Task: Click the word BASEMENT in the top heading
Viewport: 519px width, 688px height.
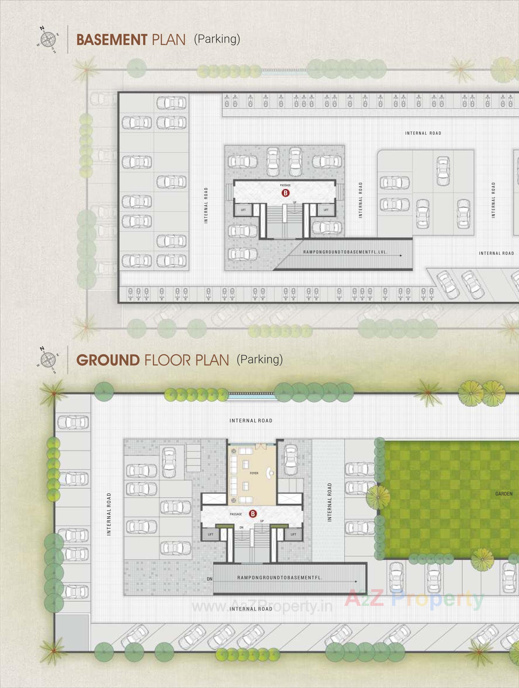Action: tap(112, 40)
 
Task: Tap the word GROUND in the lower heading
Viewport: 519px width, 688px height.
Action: tap(108, 360)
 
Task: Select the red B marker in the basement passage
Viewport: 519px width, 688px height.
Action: tap(285, 193)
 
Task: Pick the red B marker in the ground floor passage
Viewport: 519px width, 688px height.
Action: tap(253, 513)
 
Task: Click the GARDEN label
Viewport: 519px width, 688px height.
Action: tap(504, 493)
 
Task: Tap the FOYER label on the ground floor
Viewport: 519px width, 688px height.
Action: tap(254, 473)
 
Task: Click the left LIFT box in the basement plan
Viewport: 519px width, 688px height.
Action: tap(243, 210)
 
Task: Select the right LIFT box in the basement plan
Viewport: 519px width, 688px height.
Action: tap(326, 210)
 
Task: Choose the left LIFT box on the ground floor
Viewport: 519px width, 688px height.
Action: tap(211, 534)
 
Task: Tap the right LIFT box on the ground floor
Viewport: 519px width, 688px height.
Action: tap(293, 534)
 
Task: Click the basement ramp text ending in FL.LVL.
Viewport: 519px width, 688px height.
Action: tap(345, 252)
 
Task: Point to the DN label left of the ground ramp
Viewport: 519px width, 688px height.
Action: tap(210, 579)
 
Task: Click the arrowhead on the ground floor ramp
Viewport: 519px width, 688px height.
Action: tap(356, 581)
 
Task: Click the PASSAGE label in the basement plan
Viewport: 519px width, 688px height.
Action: tap(285, 185)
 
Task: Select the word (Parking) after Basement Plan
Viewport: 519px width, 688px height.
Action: tap(217, 39)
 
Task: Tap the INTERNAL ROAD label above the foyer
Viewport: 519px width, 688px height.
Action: tap(251, 421)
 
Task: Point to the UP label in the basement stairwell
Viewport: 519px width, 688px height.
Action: tap(294, 202)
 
